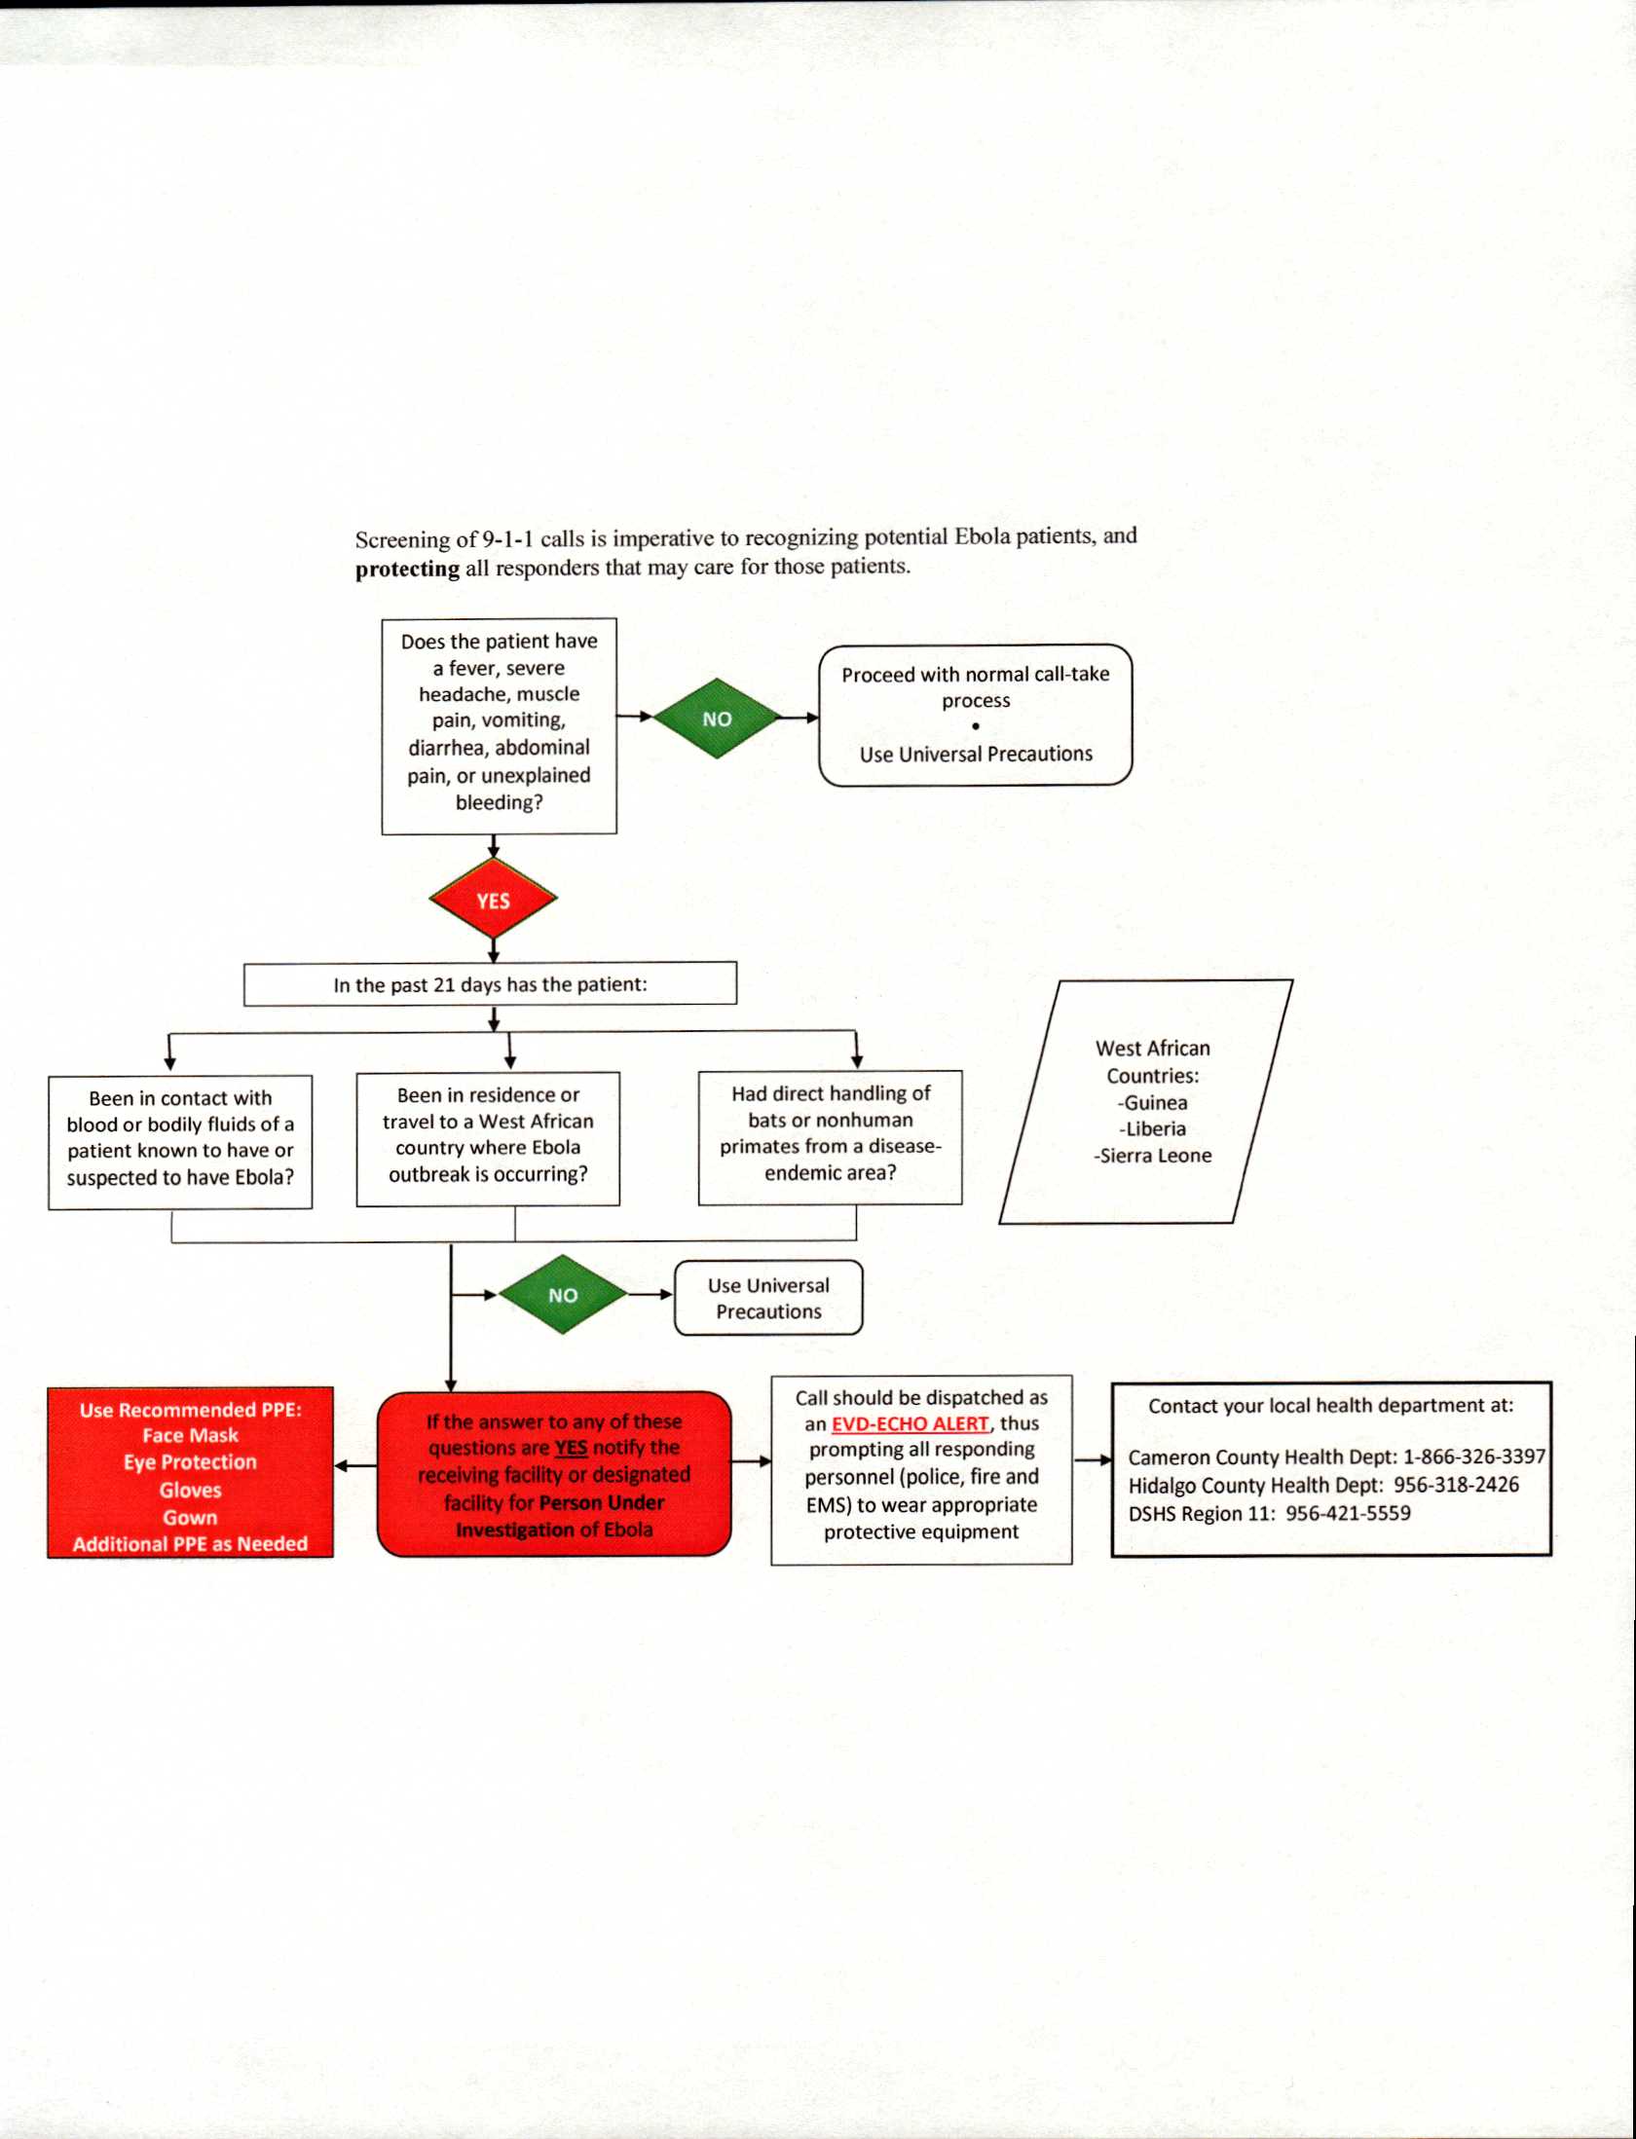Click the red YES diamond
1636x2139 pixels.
click(493, 900)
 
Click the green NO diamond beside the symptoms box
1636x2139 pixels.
click(717, 719)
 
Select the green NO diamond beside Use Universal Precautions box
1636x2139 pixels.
click(563, 1295)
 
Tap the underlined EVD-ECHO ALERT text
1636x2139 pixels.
click(910, 1423)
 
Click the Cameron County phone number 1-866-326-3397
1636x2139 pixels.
click(1473, 1457)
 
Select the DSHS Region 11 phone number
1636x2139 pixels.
click(1348, 1513)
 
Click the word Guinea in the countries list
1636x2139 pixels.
click(1155, 1102)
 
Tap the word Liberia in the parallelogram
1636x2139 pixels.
click(1155, 1128)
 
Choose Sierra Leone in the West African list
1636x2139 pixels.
click(1156, 1156)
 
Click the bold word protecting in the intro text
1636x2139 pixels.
click(407, 569)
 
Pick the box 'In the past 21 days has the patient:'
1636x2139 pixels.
click(490, 984)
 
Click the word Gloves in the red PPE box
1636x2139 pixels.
click(191, 1490)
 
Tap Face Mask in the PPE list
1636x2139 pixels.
click(191, 1435)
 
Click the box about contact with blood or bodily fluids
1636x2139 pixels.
click(180, 1138)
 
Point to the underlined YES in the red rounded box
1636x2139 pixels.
click(571, 1448)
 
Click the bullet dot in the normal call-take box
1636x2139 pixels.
click(975, 726)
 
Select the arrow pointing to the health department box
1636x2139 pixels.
click(1092, 1459)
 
